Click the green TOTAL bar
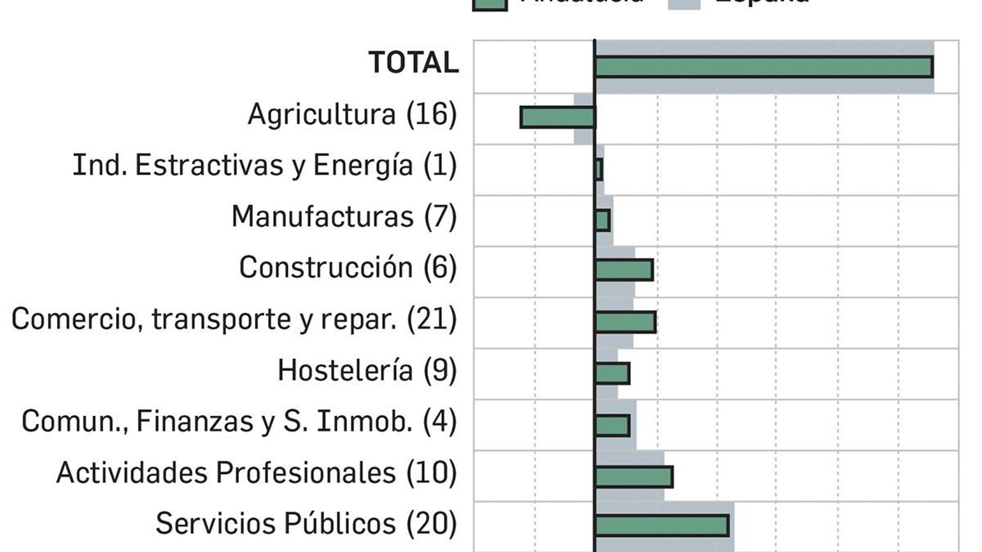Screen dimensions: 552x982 tap(764, 67)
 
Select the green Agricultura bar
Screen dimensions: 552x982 tap(557, 117)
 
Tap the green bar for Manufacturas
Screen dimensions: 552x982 tap(603, 220)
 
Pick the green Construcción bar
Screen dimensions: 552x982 tap(624, 270)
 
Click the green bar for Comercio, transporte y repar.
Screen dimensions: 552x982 tap(625, 321)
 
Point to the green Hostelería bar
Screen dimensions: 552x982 tap(613, 373)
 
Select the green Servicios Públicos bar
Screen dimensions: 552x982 tap(662, 526)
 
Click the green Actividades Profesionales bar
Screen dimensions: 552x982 tap(634, 477)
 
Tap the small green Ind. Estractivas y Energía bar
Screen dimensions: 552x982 tap(599, 169)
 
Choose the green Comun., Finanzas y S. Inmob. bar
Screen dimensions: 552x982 tap(613, 425)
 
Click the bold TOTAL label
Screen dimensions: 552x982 tap(413, 63)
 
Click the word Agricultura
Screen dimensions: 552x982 tap(322, 114)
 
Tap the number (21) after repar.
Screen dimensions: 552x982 tap(432, 319)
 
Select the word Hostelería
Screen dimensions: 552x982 tap(345, 370)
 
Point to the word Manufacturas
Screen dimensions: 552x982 tap(322, 217)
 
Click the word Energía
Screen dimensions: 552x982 tap(363, 166)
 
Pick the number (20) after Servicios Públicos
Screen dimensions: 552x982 tap(432, 524)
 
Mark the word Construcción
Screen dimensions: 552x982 tap(325, 268)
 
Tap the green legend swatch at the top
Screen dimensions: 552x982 tap(489, 3)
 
